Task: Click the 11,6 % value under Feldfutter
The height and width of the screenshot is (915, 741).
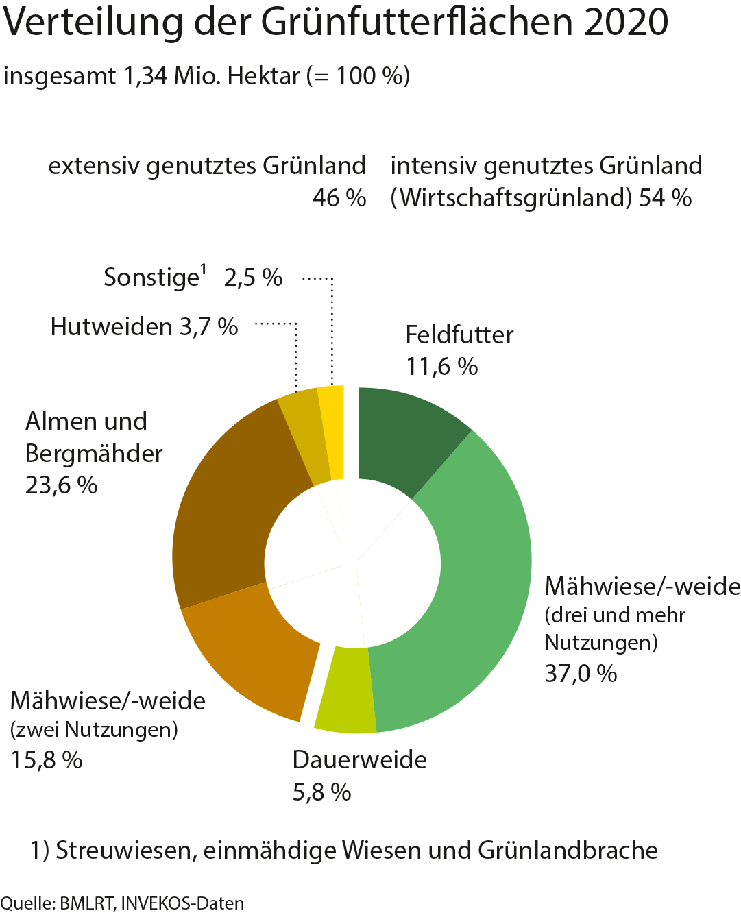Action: point(442,367)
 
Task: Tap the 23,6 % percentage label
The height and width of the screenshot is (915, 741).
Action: point(62,485)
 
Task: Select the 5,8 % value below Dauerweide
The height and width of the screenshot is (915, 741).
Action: point(321,792)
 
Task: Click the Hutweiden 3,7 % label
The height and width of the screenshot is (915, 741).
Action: point(144,327)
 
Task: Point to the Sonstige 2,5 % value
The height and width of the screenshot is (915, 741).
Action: point(253,278)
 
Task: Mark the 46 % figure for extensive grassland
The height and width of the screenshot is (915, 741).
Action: point(339,198)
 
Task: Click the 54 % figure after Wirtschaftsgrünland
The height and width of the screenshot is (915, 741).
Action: point(664,198)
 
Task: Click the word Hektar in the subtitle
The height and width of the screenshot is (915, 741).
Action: point(264,75)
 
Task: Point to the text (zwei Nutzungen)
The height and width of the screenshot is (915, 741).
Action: point(95,730)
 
